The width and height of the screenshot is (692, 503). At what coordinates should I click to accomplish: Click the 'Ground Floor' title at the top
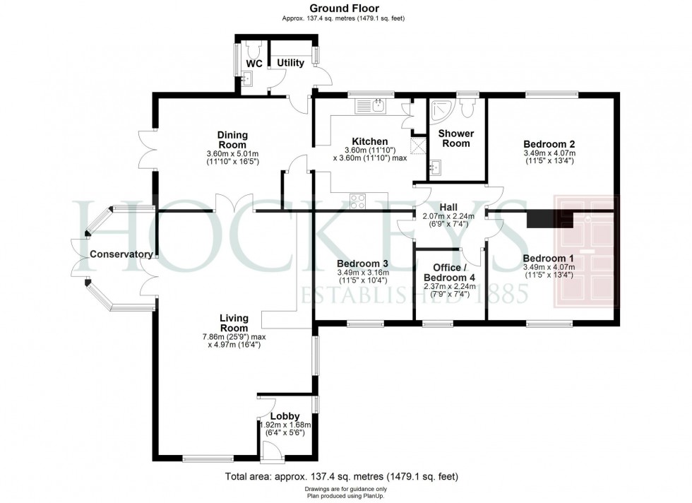click(x=346, y=8)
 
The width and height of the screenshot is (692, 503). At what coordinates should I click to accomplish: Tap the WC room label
click(x=253, y=64)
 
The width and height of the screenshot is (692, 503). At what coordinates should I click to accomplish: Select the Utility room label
click(x=290, y=63)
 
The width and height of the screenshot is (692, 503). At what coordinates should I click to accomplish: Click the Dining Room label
click(x=232, y=140)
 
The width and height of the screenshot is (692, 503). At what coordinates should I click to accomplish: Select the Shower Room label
click(x=455, y=138)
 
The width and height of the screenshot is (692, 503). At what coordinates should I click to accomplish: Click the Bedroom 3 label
click(x=363, y=263)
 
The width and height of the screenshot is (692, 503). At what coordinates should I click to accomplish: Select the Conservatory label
click(x=121, y=254)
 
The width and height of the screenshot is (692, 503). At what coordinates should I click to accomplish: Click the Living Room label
click(x=233, y=324)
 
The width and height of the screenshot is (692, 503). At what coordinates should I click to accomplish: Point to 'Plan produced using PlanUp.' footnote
click(x=346, y=496)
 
